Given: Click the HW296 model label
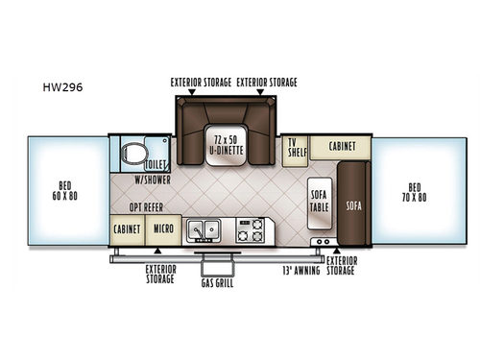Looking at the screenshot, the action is [62, 87].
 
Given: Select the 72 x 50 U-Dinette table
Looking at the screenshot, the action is [227, 145].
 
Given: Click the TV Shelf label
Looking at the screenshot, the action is [298, 148].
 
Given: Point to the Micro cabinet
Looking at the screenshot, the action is [163, 230].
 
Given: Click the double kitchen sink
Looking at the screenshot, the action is [204, 229].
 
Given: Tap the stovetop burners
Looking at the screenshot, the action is [251, 230].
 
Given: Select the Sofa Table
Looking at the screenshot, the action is [320, 204].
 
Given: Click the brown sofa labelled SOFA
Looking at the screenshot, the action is [354, 204].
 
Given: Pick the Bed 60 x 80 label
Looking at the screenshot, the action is [65, 191].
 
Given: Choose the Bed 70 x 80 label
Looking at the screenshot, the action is [415, 192].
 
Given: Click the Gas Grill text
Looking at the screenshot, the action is [217, 283].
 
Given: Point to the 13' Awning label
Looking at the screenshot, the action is [301, 271].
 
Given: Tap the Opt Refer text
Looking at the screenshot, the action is [146, 207].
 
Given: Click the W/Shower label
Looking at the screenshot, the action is [153, 180].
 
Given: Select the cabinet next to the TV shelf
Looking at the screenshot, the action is [341, 147].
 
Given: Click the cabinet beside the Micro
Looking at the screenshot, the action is [128, 230].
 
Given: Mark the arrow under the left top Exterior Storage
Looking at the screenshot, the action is [192, 92].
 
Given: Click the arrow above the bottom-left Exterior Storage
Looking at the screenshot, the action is [157, 251].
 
